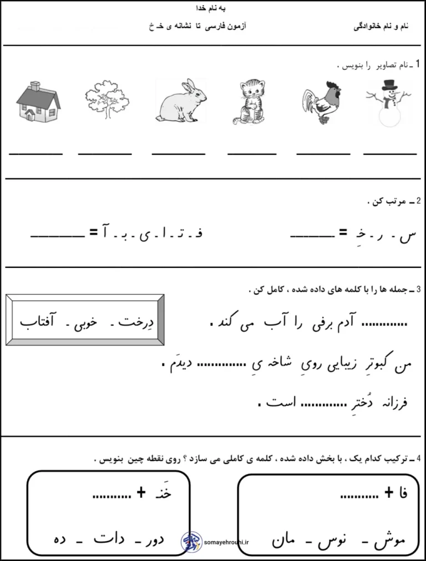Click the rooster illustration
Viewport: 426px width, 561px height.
pos(321,104)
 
